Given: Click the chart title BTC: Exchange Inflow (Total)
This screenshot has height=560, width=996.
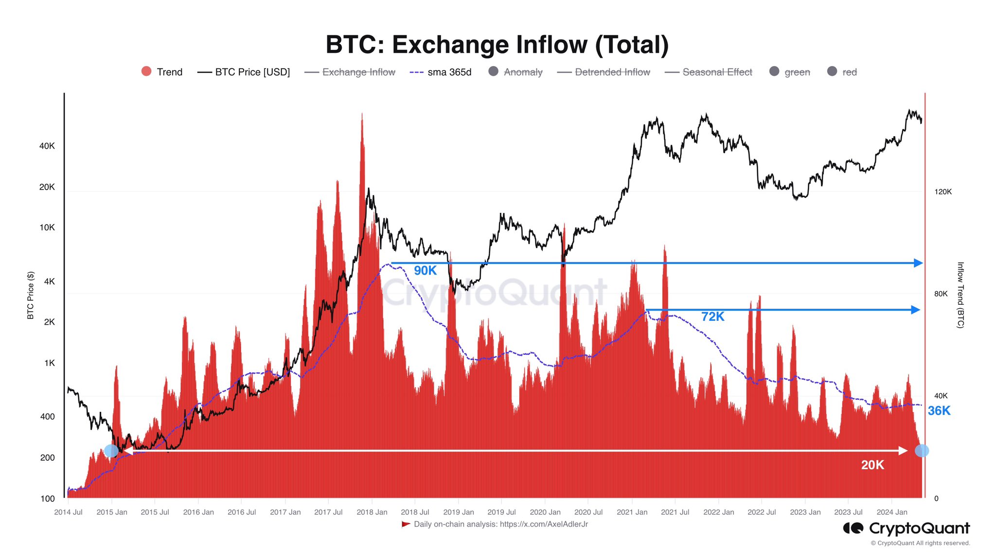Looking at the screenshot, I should coord(497,45).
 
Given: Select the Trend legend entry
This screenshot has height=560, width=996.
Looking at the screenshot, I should coord(162,72).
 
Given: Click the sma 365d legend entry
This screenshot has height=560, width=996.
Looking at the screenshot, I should coord(441,72).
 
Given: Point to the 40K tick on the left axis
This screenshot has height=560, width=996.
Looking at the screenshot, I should coord(47,146).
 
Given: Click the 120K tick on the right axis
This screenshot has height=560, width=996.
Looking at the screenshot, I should coord(943,192).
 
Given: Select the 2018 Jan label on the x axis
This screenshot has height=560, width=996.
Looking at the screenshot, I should coord(372,512).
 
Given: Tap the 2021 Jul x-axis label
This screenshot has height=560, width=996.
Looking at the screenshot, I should coord(675,512).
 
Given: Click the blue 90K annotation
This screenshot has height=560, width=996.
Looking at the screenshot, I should coord(425,271).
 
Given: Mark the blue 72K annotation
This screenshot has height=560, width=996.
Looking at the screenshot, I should coord(712,316).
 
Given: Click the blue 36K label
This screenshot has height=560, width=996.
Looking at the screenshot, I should coord(939,411).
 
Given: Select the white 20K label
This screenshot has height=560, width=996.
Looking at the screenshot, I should coord(872,465).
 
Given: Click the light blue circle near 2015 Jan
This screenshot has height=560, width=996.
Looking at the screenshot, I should coord(111,451).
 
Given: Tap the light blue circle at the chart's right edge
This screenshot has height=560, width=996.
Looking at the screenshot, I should coord(922,451).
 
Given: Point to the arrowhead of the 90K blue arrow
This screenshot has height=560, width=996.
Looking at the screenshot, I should coord(918,263).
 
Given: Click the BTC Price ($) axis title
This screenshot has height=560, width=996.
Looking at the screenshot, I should coord(31,295).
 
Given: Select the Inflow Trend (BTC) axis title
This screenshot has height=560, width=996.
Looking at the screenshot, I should coord(960,295).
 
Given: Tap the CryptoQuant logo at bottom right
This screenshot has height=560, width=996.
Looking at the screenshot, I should coord(907,528).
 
